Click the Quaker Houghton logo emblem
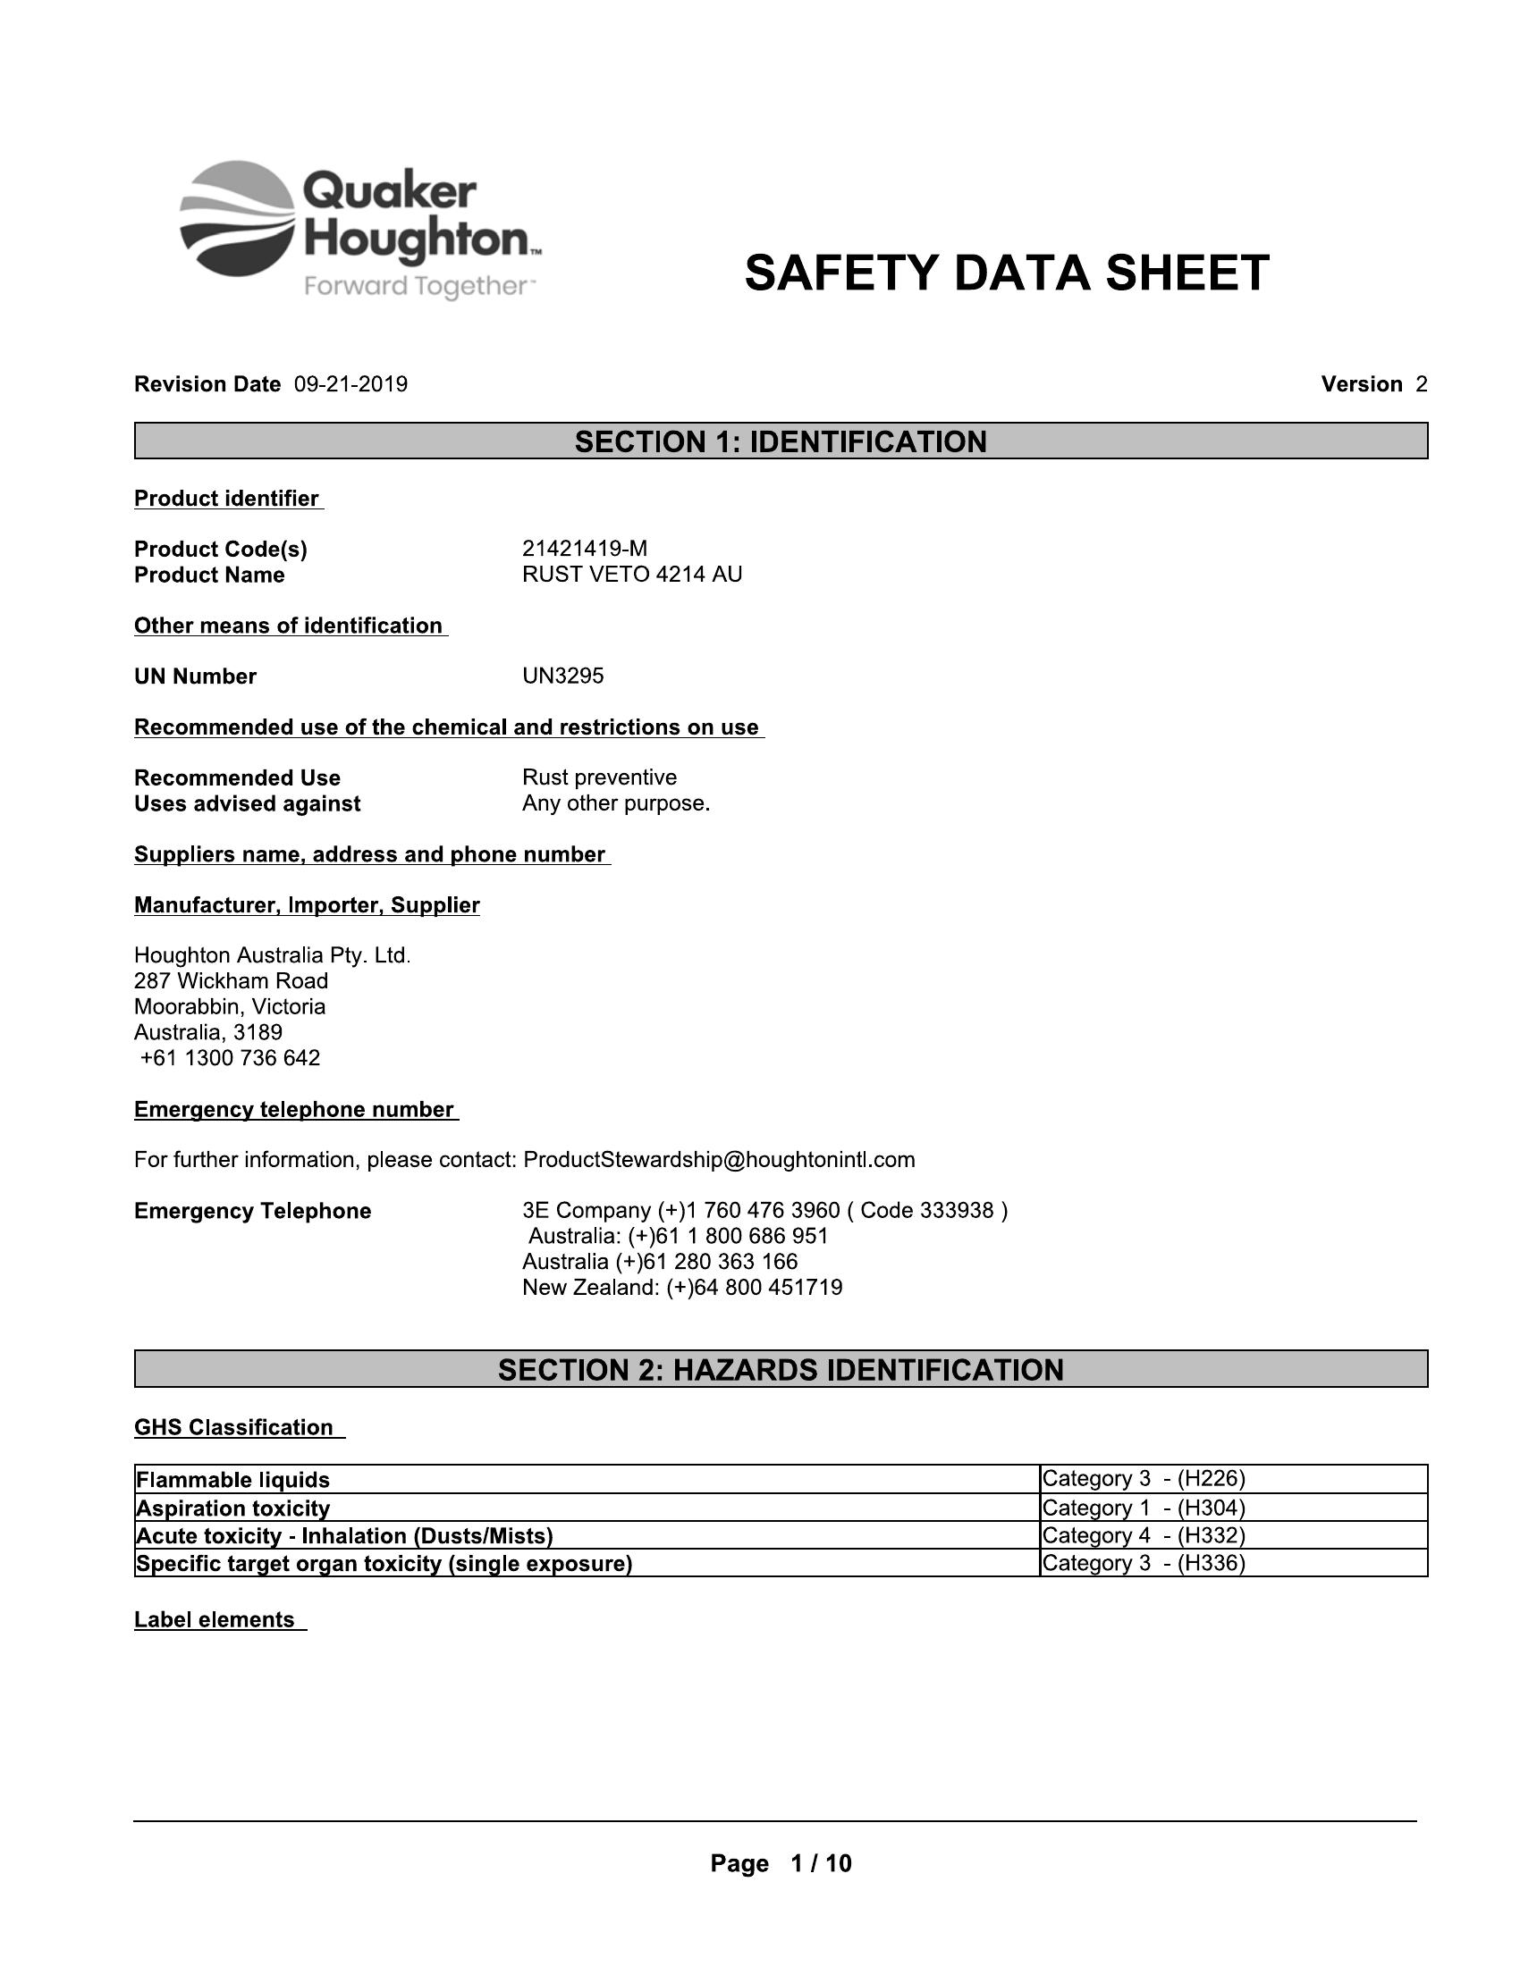click(x=237, y=219)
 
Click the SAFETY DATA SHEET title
click(x=1006, y=273)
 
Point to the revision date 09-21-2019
click(x=350, y=384)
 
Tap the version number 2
click(x=1421, y=384)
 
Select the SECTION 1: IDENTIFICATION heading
click(x=781, y=441)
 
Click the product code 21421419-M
click(x=585, y=548)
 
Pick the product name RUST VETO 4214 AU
click(x=631, y=575)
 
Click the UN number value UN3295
click(x=562, y=676)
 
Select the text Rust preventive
click(x=599, y=777)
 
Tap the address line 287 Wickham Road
click(x=231, y=980)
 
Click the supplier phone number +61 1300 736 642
click(x=230, y=1057)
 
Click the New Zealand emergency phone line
click(x=681, y=1287)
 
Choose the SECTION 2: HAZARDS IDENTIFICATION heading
click(x=781, y=1369)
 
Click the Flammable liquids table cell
click(x=232, y=1480)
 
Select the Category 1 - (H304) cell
click(x=1143, y=1508)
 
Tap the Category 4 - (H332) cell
click(x=1143, y=1535)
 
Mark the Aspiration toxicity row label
click(x=232, y=1508)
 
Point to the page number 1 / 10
click(x=819, y=1863)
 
